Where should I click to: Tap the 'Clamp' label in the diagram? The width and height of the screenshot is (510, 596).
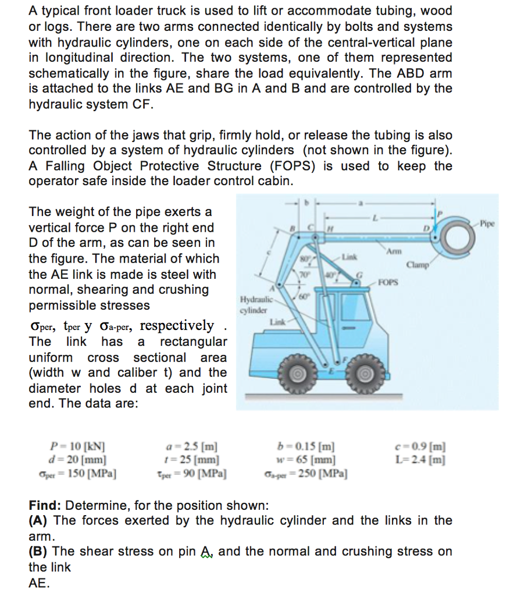pos(418,265)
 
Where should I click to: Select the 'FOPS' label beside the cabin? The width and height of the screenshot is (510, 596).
pos(388,283)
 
